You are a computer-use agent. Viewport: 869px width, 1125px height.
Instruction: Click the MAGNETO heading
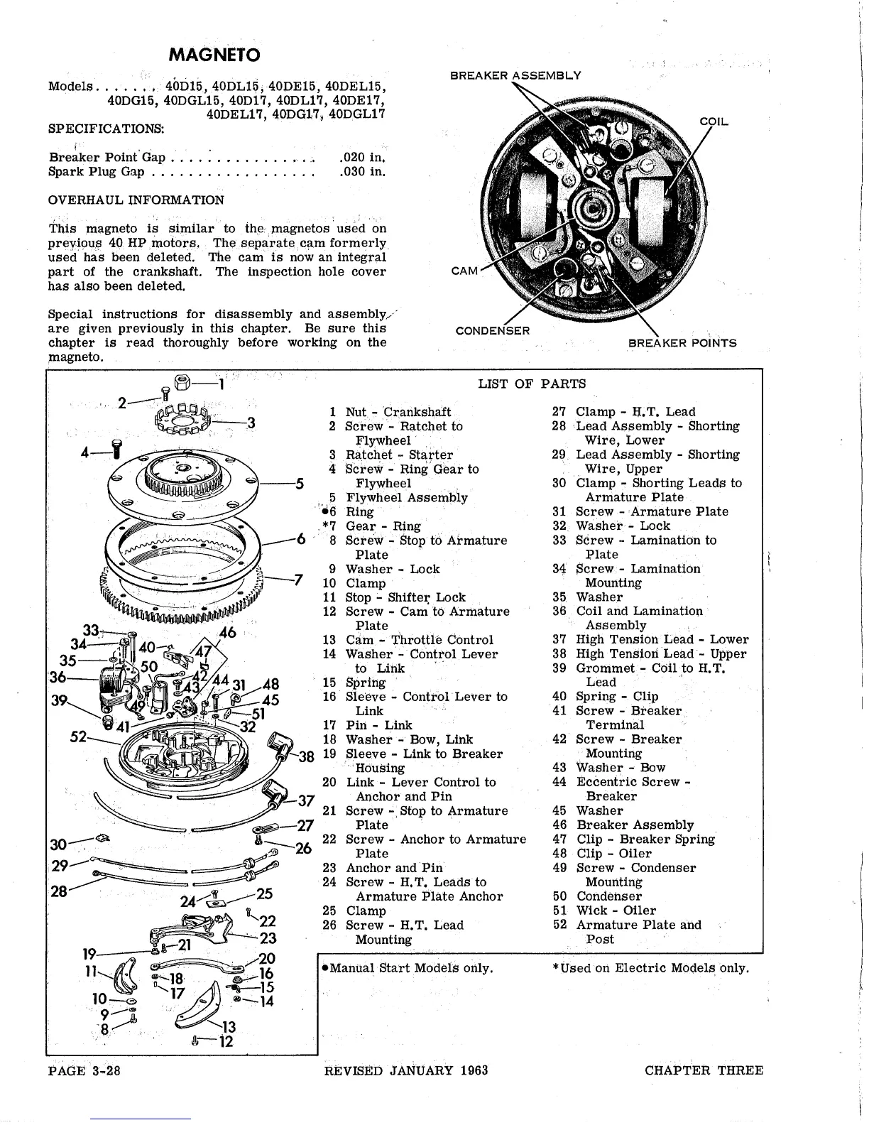[x=214, y=55]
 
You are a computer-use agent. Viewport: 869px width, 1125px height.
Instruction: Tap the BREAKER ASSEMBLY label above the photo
[x=515, y=75]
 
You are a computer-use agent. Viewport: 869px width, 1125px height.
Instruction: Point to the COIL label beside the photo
[x=714, y=121]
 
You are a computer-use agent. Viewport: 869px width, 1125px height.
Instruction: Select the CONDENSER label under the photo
[x=492, y=331]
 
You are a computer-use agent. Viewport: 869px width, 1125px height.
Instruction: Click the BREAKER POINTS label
[x=682, y=343]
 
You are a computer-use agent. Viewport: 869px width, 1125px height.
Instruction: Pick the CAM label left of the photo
[x=465, y=271]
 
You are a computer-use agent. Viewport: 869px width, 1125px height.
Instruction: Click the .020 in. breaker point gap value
[x=362, y=157]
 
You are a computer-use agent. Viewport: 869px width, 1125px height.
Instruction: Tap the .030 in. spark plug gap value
[x=362, y=171]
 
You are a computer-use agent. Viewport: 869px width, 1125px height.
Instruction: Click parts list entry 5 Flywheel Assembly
[x=406, y=498]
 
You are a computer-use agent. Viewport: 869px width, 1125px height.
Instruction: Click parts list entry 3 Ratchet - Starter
[x=398, y=455]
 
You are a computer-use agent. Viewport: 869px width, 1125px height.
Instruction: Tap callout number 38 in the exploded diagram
[x=306, y=756]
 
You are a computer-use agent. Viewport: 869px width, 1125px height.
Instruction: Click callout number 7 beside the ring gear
[x=298, y=580]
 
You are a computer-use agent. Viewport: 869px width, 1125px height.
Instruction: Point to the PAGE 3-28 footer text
[x=84, y=1071]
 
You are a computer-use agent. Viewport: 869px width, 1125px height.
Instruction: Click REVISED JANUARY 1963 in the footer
[x=405, y=1071]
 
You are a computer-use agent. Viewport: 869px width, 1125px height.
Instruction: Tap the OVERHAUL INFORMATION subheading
[x=136, y=200]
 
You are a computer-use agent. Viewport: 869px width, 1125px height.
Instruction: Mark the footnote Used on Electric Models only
[x=654, y=968]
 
